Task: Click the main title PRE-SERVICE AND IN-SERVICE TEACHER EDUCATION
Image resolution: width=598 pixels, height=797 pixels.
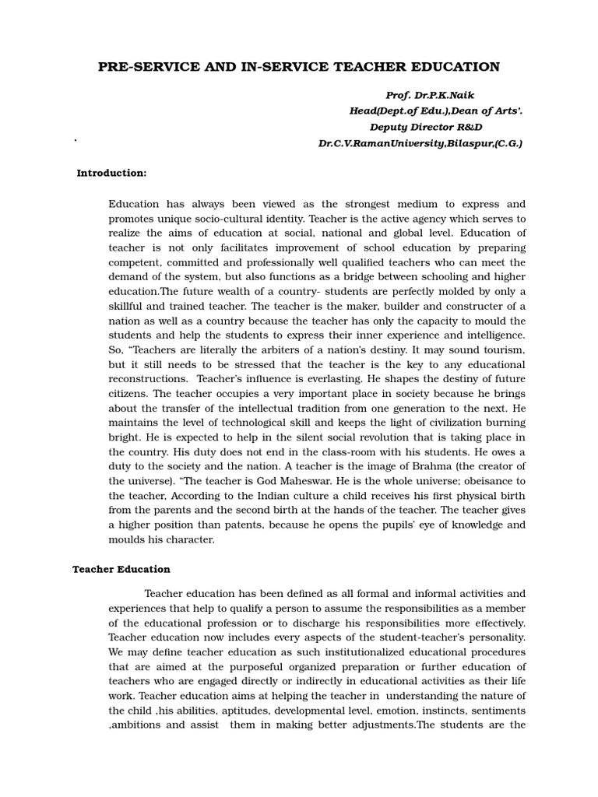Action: [299, 67]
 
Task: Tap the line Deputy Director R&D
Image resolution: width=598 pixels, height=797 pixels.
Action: [426, 127]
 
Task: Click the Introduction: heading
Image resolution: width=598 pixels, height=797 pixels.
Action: [111, 173]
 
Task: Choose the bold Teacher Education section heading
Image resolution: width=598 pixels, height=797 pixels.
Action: [121, 569]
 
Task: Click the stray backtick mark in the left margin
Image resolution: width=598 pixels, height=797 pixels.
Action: [76, 141]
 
